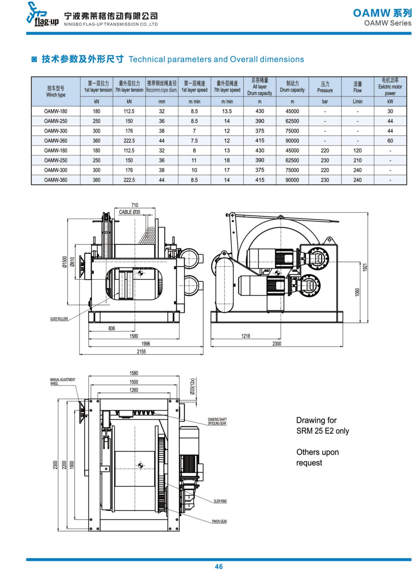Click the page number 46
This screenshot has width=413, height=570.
[x=219, y=566]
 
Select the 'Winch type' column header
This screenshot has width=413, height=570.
[x=56, y=92]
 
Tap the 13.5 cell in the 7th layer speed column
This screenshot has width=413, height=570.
[x=227, y=111]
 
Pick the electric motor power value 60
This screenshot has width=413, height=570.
[x=390, y=141]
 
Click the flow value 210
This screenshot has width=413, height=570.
[x=357, y=160]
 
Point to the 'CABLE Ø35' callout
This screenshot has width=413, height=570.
[x=130, y=212]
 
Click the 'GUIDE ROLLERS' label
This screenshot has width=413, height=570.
[x=59, y=319]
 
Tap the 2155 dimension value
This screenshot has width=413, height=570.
[x=141, y=351]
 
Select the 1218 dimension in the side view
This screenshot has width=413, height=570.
[x=246, y=336]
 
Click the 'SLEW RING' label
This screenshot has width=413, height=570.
[x=220, y=501]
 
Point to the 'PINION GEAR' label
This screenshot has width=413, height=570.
[x=219, y=521]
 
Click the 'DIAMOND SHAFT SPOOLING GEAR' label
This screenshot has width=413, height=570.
[x=217, y=421]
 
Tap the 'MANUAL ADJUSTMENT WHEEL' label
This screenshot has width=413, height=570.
[x=63, y=381]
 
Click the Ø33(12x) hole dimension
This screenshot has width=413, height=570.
[x=192, y=386]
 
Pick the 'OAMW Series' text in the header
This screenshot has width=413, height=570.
[x=387, y=23]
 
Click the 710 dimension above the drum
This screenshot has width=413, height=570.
[x=135, y=205]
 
